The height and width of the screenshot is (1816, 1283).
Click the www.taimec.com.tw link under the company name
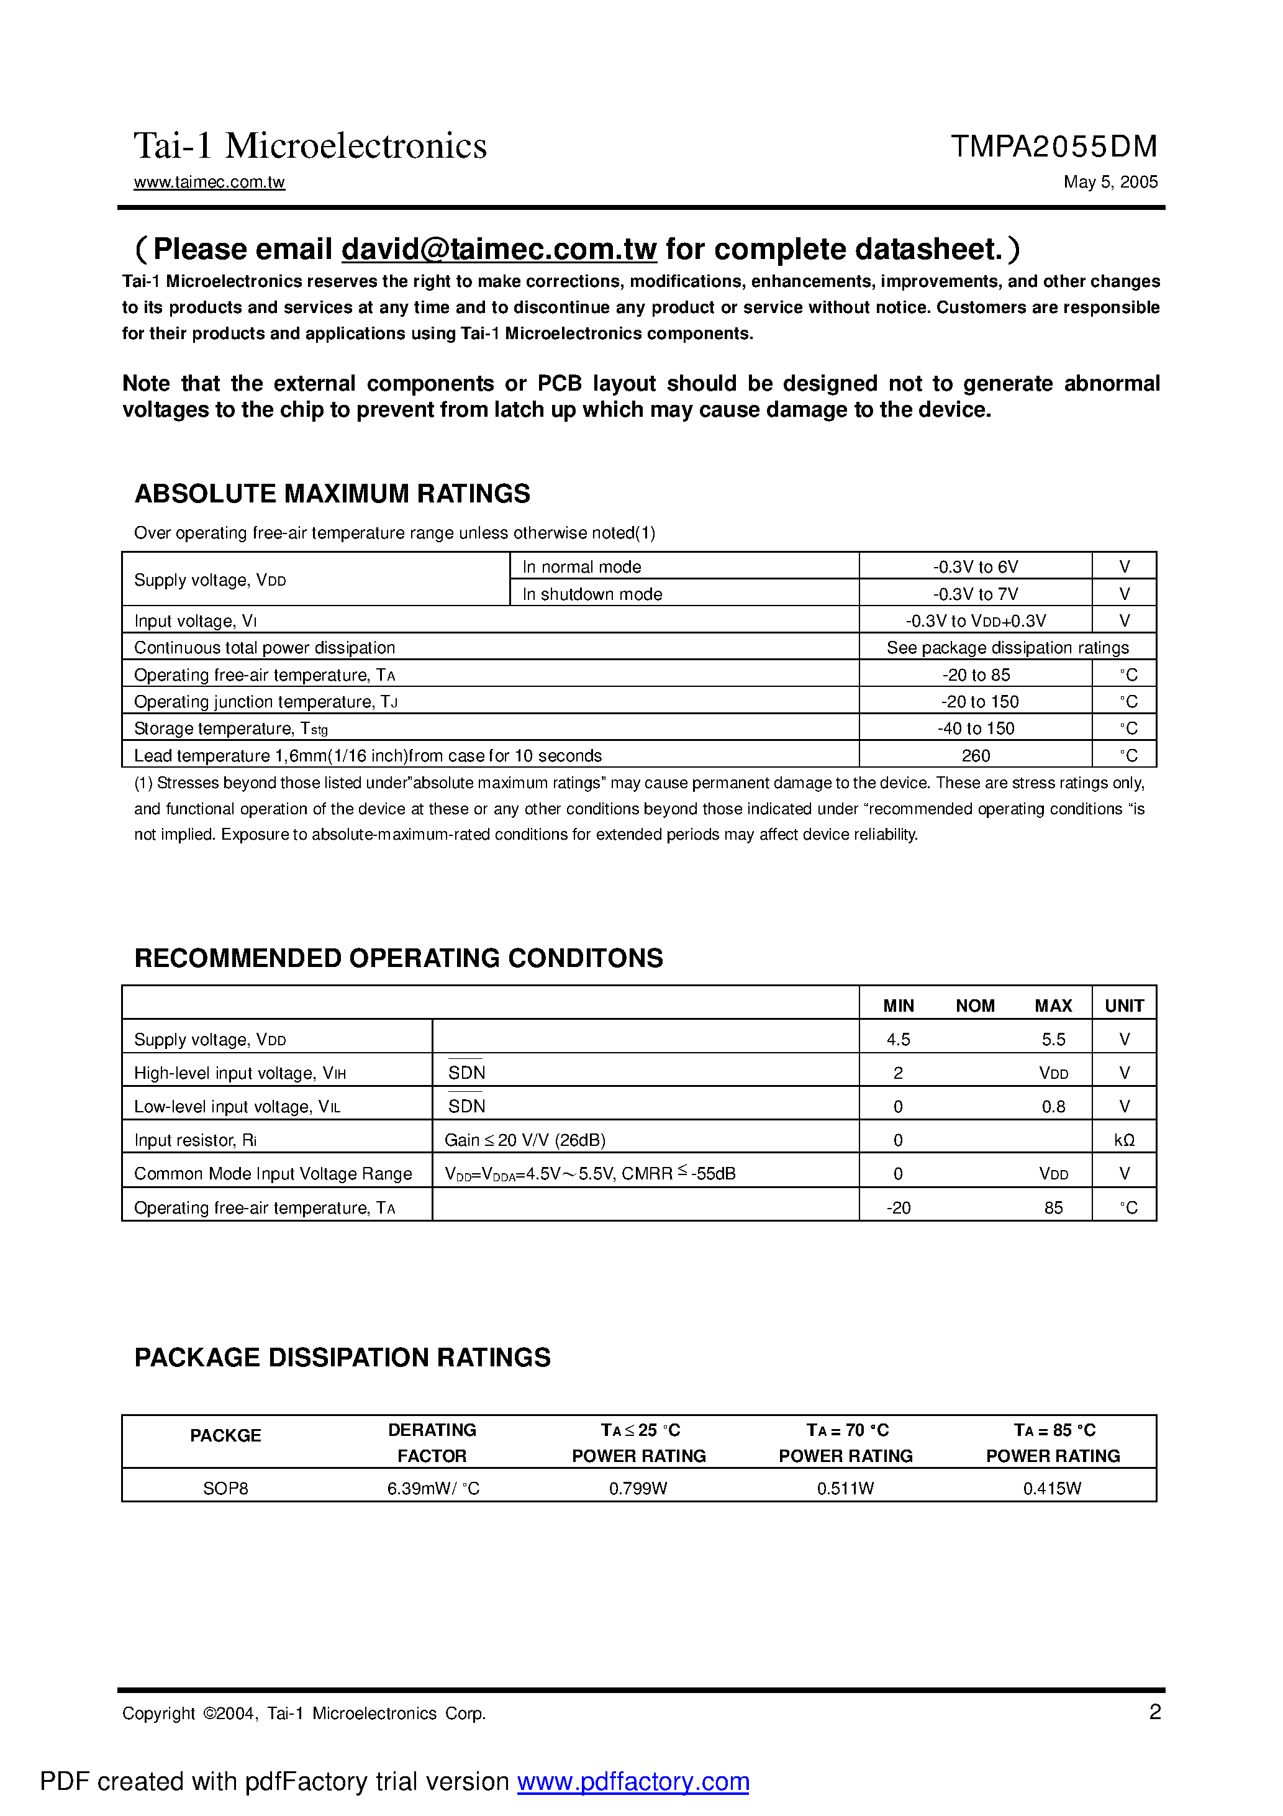(x=209, y=182)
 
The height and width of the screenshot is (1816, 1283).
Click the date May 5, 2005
(x=1110, y=182)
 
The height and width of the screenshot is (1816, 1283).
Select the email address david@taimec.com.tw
(x=498, y=249)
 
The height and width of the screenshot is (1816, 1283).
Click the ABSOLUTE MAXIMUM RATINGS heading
(x=332, y=494)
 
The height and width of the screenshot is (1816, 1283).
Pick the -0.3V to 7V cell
(x=976, y=594)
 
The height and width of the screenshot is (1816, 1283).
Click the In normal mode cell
(x=581, y=567)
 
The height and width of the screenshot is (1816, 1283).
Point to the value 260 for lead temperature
(x=976, y=755)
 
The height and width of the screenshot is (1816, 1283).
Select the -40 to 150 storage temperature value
(x=976, y=729)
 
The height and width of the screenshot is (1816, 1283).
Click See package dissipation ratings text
(x=1007, y=648)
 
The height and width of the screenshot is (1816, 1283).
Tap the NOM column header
(x=974, y=1006)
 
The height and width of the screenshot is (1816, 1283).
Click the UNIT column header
(x=1124, y=1006)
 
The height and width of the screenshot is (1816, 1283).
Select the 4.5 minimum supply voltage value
(x=899, y=1039)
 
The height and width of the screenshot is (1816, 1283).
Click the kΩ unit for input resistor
(x=1124, y=1140)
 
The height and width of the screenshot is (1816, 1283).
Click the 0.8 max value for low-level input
(x=1053, y=1107)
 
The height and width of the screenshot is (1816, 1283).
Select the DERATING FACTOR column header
(x=432, y=1443)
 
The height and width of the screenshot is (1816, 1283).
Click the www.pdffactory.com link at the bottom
(x=633, y=1781)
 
